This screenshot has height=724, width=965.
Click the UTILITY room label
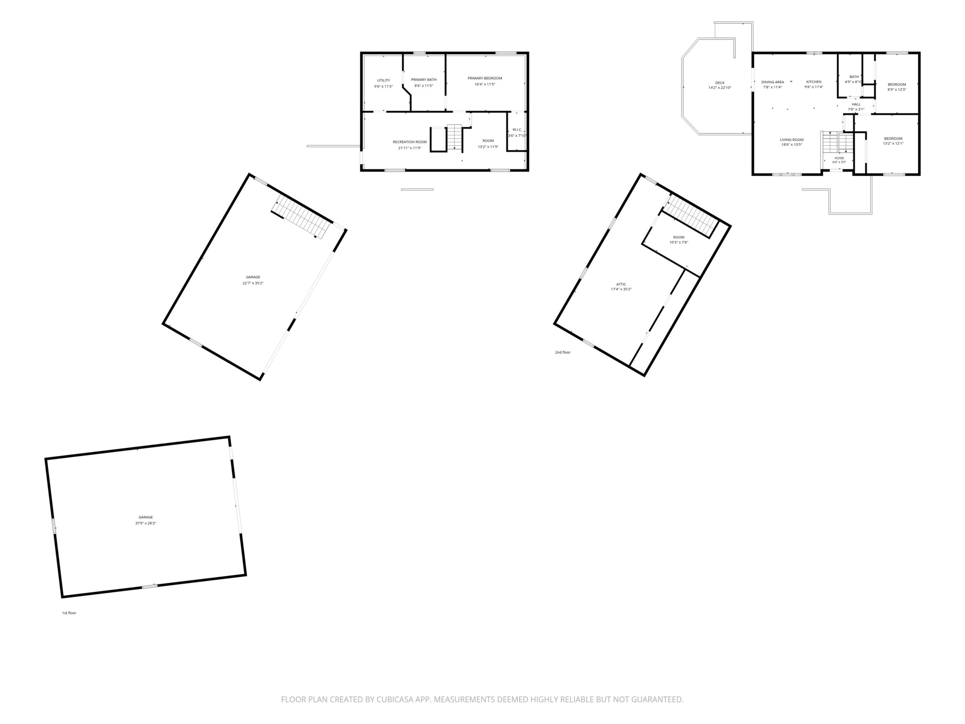[384, 80]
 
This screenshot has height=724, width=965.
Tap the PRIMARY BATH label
[424, 80]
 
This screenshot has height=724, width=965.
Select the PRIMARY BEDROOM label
[485, 79]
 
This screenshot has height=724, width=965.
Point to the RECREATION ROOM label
[410, 142]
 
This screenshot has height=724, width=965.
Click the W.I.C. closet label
[517, 130]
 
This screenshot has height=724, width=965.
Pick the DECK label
[720, 83]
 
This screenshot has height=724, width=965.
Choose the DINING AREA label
[772, 82]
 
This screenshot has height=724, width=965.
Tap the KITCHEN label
[813, 82]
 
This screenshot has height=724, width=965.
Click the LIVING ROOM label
[792, 140]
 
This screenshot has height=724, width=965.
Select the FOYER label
[839, 158]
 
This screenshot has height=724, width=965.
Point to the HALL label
[856, 104]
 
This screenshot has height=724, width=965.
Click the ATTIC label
[621, 284]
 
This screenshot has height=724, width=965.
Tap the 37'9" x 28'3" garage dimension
[146, 523]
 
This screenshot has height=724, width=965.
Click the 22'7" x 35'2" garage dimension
[253, 283]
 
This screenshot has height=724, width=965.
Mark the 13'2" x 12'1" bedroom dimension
[893, 143]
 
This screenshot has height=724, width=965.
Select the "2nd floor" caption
[563, 352]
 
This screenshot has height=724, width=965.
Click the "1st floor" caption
[69, 613]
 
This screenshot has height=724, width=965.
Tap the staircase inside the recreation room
[454, 137]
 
